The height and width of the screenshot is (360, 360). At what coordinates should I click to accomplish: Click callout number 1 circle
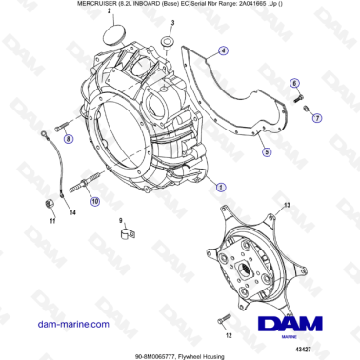point(222,187)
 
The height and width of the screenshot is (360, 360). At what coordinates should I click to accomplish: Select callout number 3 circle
point(171,21)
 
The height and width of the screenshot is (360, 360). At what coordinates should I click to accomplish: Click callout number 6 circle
point(294,85)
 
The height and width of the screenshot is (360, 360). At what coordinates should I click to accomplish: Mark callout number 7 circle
point(318,117)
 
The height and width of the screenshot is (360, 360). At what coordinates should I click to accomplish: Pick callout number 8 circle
point(69,140)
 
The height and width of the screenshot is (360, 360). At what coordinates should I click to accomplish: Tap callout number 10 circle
point(94,201)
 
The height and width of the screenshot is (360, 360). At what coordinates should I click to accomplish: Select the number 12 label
point(228,335)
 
